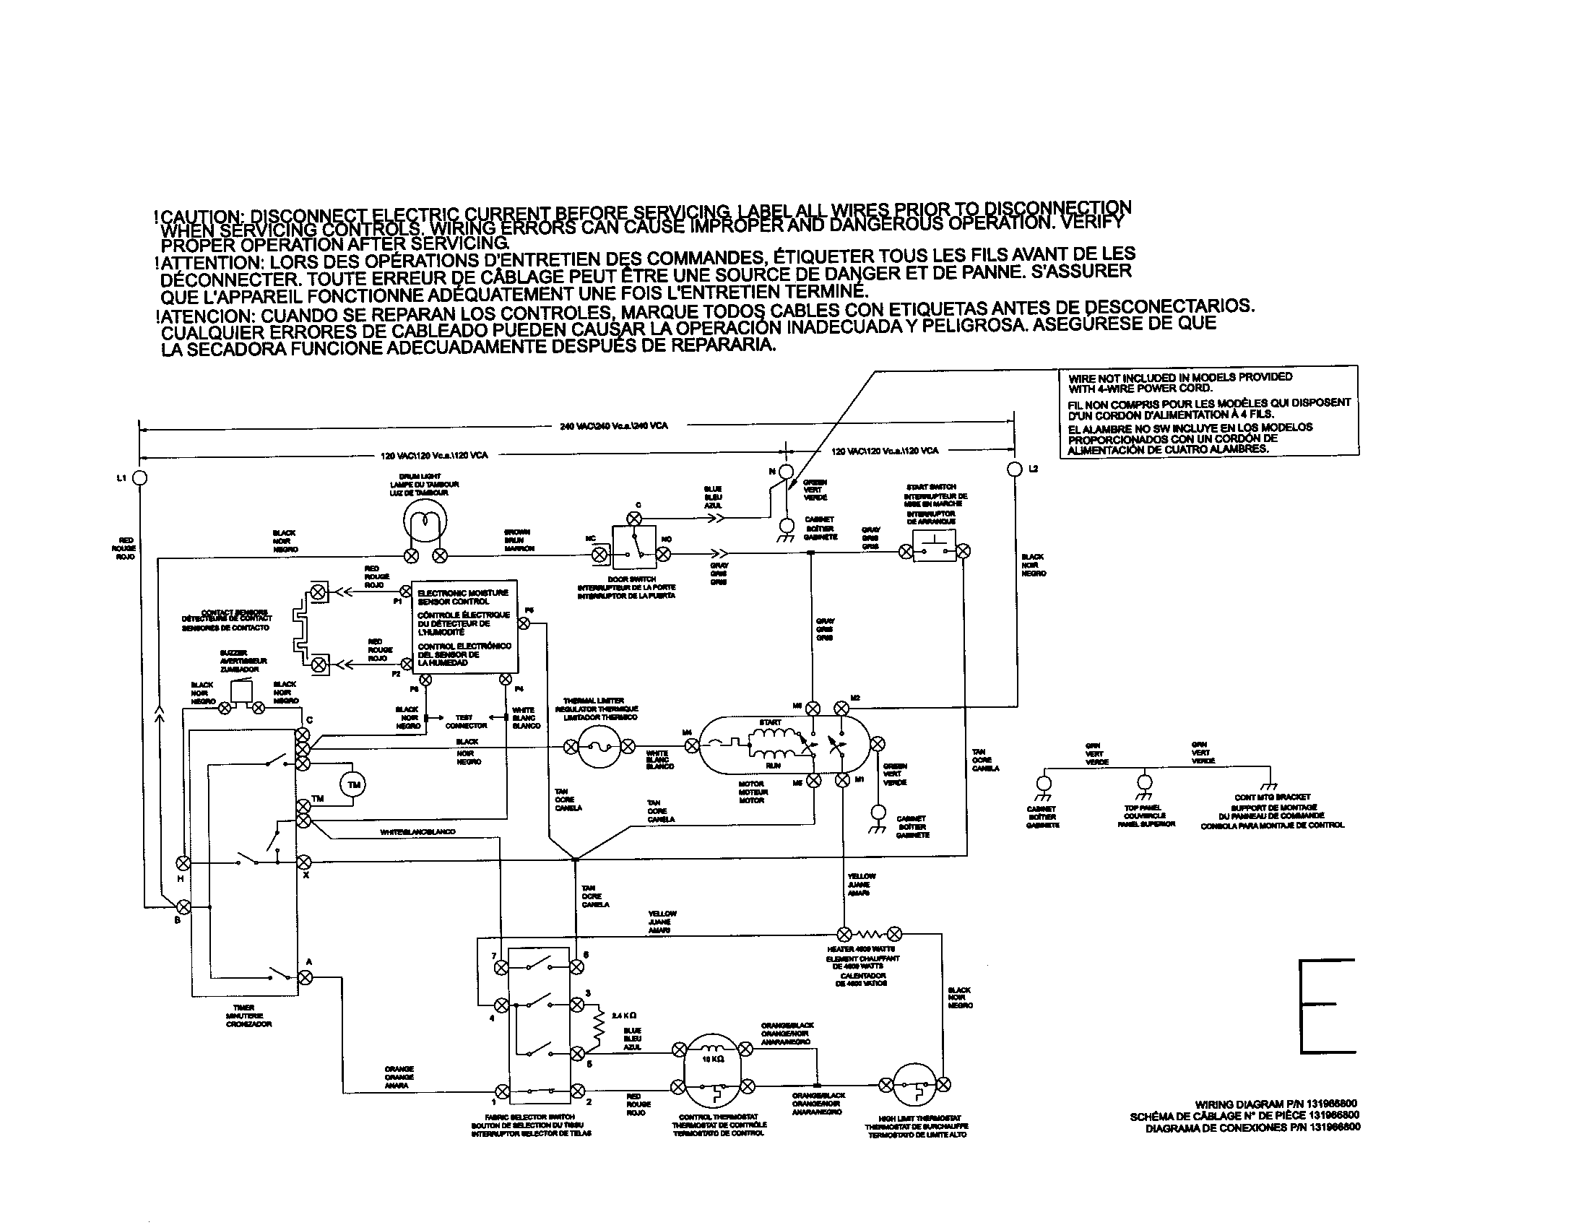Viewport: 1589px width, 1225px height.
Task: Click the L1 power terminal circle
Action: coord(140,478)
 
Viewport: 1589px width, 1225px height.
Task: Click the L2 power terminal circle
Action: coord(1015,469)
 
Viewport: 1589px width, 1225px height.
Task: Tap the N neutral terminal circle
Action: coord(785,472)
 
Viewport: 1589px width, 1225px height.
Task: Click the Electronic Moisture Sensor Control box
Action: coord(465,626)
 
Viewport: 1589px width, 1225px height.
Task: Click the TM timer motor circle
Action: coord(354,785)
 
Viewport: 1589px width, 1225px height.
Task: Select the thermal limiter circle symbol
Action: coord(600,747)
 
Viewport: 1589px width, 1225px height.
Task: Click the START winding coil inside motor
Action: coord(771,736)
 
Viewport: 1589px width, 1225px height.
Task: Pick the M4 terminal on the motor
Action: coord(692,745)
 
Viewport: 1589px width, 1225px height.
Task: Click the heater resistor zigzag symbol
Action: coord(870,934)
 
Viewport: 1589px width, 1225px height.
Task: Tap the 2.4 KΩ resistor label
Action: coord(625,1016)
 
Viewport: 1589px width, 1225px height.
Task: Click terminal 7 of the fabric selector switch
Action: coord(501,966)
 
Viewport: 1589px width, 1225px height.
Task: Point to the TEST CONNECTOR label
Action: coord(466,721)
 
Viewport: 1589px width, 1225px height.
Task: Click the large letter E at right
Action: coord(1327,1006)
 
